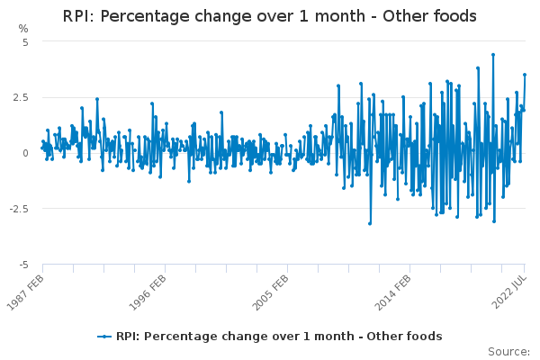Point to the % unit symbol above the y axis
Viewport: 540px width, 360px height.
[23, 29]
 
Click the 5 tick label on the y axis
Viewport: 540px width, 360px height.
[26, 42]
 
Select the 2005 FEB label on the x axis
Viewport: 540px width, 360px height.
[267, 292]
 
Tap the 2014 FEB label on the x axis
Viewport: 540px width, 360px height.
[390, 292]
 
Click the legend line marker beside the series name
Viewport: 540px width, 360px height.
[104, 337]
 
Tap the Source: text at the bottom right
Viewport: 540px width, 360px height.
[509, 351]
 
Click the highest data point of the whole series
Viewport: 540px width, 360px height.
[492, 54]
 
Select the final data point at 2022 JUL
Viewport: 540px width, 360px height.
[525, 75]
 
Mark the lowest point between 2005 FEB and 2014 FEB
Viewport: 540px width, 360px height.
[370, 223]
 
